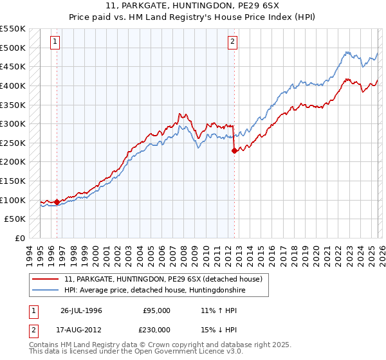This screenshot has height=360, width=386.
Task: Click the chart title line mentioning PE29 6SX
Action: click(x=192, y=6)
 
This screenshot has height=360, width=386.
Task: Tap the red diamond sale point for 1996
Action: click(x=57, y=202)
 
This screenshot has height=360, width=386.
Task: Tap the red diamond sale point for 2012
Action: click(x=234, y=150)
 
